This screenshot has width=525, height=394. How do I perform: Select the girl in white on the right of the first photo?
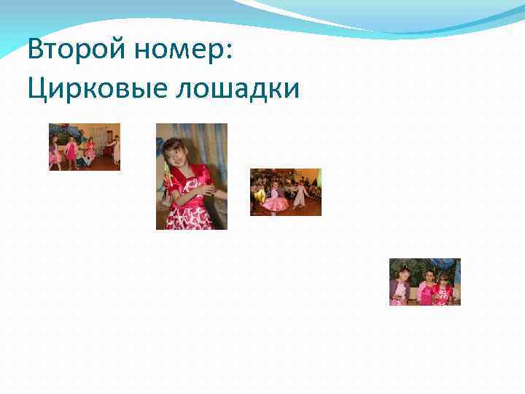coord(115,149)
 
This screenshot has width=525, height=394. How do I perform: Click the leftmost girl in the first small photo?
coord(54,153)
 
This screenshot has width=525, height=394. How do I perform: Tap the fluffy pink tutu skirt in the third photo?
coord(275,203)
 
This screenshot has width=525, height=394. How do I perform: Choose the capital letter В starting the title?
coord(34,51)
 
